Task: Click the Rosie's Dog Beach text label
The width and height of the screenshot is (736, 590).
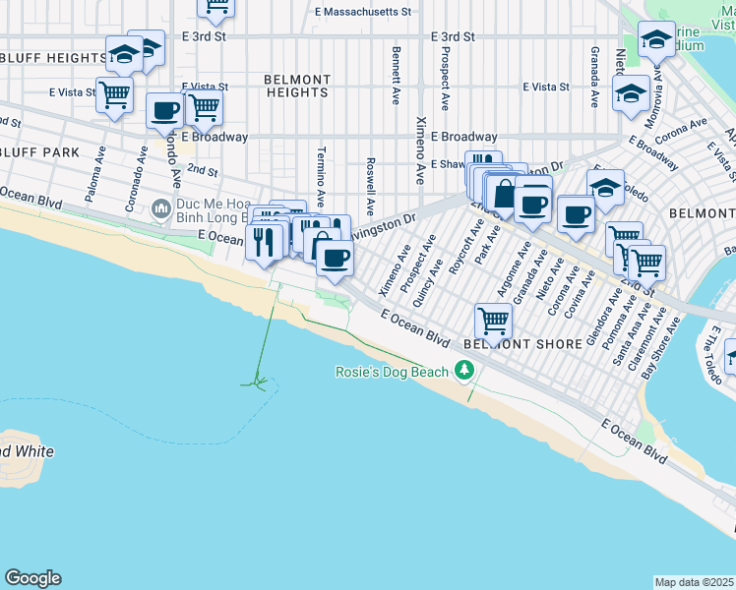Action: [x=392, y=372]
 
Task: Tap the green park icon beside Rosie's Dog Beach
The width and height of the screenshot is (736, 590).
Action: [x=463, y=371]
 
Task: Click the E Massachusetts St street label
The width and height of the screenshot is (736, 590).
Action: [x=362, y=12]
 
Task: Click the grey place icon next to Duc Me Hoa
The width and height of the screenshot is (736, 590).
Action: [x=160, y=208]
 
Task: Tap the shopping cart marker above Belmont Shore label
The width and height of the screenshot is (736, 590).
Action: [x=493, y=320]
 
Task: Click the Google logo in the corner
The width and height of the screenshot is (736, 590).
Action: [x=32, y=578]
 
